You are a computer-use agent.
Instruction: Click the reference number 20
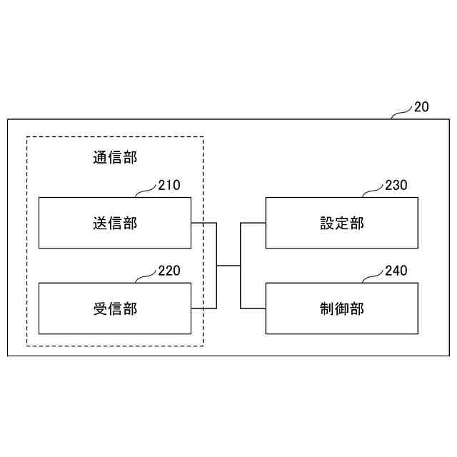point(421,108)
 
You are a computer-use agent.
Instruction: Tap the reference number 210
point(169,186)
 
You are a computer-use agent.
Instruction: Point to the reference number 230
point(396,186)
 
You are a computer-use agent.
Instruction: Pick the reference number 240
point(396,271)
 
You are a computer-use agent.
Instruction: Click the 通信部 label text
point(115,157)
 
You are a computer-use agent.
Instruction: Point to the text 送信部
point(115,223)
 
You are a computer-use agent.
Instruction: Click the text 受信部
point(115,308)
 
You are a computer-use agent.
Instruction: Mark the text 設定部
point(342,223)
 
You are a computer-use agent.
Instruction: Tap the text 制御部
point(342,308)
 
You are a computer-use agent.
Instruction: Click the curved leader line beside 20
point(402,112)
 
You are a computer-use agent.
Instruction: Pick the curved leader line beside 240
point(373,276)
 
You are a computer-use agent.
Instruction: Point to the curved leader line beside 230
point(373,191)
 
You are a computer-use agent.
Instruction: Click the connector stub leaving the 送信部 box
point(204,223)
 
